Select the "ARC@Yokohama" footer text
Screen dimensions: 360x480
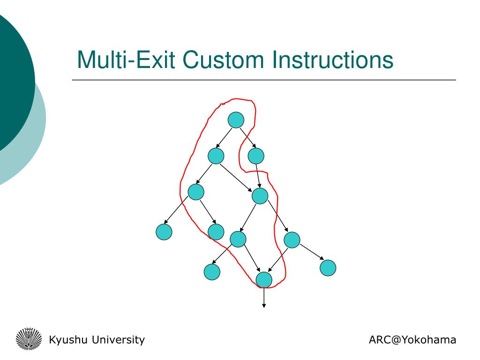point(412,340)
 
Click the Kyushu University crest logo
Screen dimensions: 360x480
point(29,339)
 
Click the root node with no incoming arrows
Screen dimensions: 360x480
point(236,120)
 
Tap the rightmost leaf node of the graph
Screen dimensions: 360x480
point(328,268)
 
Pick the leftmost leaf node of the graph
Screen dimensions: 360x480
point(164,232)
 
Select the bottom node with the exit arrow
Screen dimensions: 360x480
point(264,279)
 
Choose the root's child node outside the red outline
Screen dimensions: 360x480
point(256,156)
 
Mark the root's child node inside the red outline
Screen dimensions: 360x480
point(216,156)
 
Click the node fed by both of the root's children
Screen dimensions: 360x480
point(260,195)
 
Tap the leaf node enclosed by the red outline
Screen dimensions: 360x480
point(216,232)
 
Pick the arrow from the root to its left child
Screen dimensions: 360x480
point(224,138)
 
